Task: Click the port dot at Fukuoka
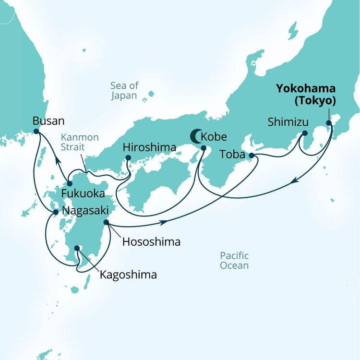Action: [70, 183]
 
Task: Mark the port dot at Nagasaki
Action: [56, 212]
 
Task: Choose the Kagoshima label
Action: [128, 275]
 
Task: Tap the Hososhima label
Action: [151, 242]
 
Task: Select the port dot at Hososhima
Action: [106, 223]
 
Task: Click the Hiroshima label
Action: [149, 147]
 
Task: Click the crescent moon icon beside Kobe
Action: [196, 136]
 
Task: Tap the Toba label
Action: [232, 155]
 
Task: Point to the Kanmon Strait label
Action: [80, 143]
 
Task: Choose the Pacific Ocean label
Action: [234, 260]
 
